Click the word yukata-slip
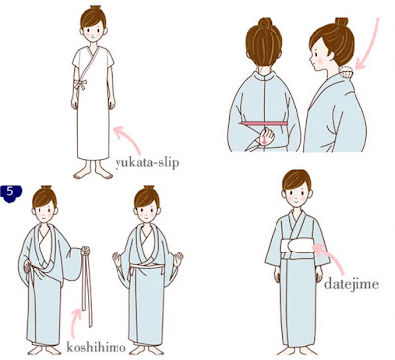point(147,163)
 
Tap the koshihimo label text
point(96,347)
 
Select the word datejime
point(352,284)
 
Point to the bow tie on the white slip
point(79,84)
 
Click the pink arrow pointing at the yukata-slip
point(126,139)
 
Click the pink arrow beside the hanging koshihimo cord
point(76,324)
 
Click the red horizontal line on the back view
point(265,123)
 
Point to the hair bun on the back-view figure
point(264,23)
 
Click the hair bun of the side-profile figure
point(342,22)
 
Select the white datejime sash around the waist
point(297,247)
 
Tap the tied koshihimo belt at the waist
point(147,267)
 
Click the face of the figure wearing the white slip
point(93,33)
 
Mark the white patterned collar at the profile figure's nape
point(346,72)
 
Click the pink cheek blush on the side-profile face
point(319,61)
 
